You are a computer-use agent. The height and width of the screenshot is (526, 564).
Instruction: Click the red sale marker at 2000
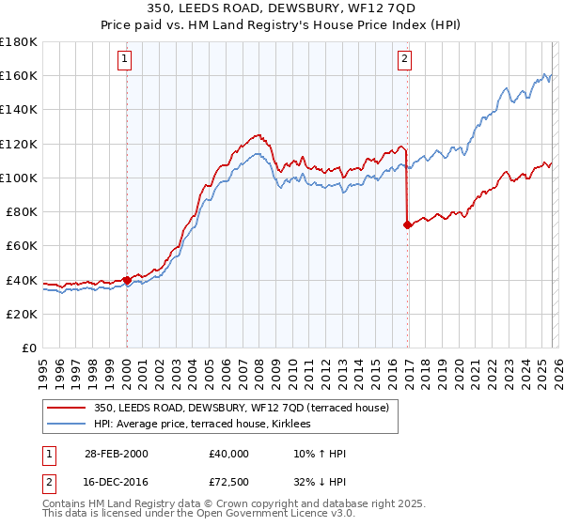coord(127,280)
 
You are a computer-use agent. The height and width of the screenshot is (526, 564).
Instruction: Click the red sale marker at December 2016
coord(407,224)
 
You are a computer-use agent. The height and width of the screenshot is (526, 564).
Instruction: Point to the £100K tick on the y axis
coord(19,178)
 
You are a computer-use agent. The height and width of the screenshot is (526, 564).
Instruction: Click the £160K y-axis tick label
coord(19,75)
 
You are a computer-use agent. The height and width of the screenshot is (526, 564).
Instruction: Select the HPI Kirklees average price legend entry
coord(209,425)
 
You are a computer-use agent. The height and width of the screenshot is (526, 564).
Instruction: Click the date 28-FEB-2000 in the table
coord(113,454)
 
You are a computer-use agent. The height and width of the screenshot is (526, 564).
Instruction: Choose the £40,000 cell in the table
coord(229,454)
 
